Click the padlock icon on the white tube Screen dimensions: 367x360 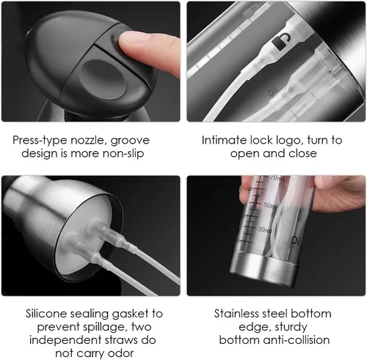281,42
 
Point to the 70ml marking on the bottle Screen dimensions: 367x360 277,178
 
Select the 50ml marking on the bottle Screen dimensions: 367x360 271,206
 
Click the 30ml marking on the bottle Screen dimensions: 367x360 264,229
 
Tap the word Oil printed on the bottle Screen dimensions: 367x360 295,240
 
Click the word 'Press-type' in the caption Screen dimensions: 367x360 40,141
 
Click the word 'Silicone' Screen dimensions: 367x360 46,314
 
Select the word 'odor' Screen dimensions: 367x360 120,353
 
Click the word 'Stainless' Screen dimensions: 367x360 236,314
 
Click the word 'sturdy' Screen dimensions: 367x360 291,328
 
